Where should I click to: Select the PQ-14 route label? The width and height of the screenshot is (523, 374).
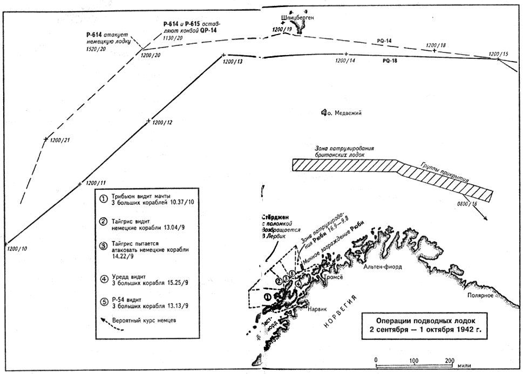[x=384, y=41]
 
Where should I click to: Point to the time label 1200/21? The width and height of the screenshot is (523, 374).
[x=60, y=140]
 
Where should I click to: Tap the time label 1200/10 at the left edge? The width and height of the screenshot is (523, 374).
[x=18, y=249]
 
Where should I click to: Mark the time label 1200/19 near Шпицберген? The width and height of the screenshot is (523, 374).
[x=282, y=29]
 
